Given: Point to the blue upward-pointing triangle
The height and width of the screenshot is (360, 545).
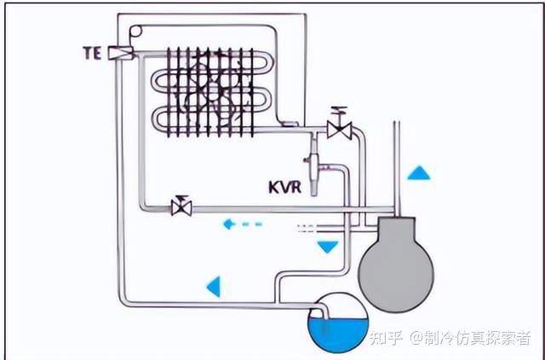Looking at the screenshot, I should click(418, 173).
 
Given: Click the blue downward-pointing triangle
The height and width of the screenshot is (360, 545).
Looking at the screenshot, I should click(327, 247).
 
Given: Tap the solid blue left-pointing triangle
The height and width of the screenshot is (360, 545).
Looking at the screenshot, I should click(214, 287).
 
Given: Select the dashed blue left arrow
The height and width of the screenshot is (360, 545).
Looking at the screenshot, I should click(242, 225).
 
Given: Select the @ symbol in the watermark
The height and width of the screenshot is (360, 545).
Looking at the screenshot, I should click(416, 338).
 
